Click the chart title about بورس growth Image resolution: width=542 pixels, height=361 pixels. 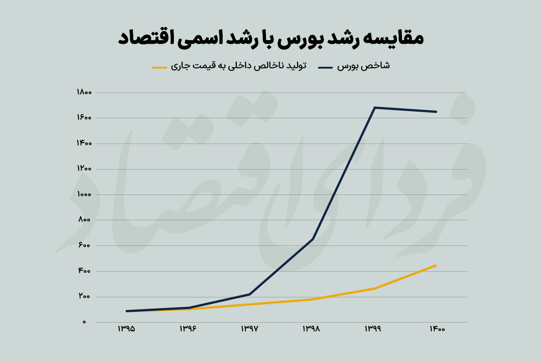click(x=271, y=38)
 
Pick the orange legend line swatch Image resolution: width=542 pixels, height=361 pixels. click(x=160, y=67)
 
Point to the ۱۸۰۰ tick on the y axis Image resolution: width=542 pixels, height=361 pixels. click(x=84, y=93)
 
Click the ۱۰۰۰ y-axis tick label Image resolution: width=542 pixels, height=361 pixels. click(x=84, y=194)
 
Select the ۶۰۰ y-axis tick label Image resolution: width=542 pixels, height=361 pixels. click(x=84, y=245)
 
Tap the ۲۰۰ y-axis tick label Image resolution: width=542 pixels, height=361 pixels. click(x=84, y=296)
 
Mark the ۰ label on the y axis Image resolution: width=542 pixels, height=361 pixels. click(x=84, y=322)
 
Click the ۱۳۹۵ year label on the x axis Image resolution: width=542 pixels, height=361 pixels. click(x=126, y=329)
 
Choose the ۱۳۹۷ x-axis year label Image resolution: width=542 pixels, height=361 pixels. click(x=250, y=329)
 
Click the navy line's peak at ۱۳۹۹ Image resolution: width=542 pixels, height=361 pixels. click(x=374, y=107)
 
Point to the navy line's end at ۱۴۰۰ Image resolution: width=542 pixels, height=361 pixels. click(x=436, y=111)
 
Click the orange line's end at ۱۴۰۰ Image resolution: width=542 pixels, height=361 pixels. click(x=436, y=265)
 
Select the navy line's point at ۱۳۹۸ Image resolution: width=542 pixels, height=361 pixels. click(x=313, y=239)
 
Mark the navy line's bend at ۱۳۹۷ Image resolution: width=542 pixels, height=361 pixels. click(x=250, y=294)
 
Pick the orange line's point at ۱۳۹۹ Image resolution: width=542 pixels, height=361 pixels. click(x=374, y=288)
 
